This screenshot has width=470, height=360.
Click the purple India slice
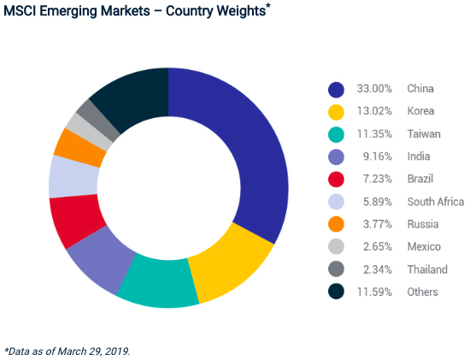pyautogui.click(x=100, y=260)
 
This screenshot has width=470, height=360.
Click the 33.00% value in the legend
pyautogui.click(x=373, y=89)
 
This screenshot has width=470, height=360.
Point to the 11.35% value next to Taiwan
pyautogui.click(x=373, y=134)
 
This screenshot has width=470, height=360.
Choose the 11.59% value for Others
pyautogui.click(x=373, y=292)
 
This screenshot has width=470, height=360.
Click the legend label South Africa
pyautogui.click(x=436, y=202)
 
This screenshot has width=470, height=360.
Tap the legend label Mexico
pyautogui.click(x=424, y=247)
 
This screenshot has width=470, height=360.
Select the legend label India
pyautogui.click(x=419, y=156)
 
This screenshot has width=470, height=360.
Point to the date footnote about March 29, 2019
pyautogui.click(x=68, y=350)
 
